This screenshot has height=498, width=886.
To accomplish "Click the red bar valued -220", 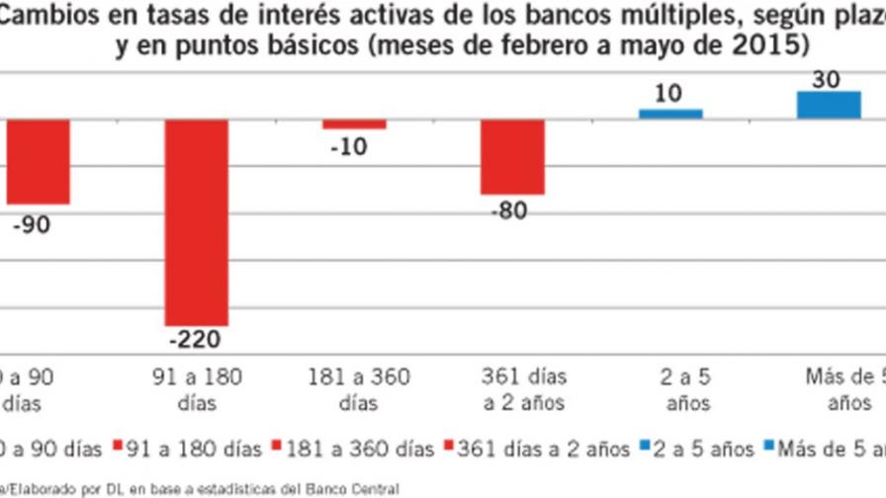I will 196,222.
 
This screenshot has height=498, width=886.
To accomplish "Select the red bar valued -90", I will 38,162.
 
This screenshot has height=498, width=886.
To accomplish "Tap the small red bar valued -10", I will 354,124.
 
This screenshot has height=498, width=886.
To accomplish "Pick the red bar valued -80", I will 512,157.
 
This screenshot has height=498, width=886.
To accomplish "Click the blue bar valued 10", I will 670,114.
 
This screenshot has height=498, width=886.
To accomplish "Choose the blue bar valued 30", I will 829,106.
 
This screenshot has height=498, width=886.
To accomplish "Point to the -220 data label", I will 196,340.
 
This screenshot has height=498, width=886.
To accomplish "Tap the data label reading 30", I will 827,80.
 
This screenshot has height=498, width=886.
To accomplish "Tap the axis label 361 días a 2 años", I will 523,389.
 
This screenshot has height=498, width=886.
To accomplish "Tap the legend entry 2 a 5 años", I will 704,449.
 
